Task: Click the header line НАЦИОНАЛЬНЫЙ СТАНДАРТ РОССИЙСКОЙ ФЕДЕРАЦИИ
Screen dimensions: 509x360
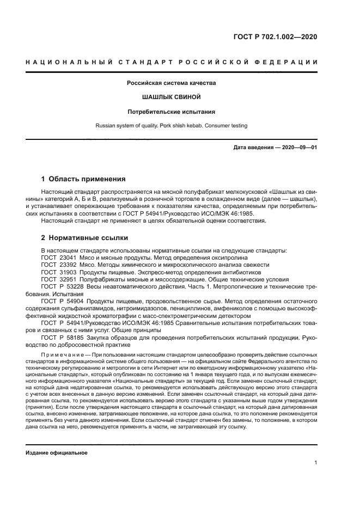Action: click(x=172, y=62)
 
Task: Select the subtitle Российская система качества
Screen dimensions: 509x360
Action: click(x=172, y=83)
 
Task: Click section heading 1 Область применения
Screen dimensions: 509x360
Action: click(x=84, y=179)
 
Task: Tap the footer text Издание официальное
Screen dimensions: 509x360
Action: click(x=57, y=453)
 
